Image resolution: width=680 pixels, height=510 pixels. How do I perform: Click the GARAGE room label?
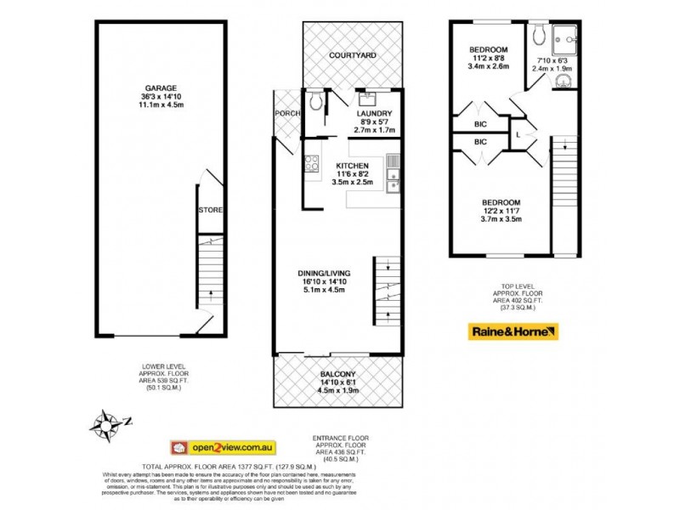click(160, 88)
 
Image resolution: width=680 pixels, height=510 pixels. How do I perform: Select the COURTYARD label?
click(354, 56)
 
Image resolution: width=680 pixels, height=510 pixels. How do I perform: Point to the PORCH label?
click(283, 114)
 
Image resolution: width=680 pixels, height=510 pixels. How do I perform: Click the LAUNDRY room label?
click(373, 114)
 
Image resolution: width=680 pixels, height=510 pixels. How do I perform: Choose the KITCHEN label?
click(352, 165)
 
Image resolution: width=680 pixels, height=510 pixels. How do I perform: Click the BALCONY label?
click(337, 374)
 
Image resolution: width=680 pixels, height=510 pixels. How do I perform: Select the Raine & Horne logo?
click(513, 331)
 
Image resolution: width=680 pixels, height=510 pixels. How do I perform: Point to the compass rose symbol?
click(108, 421)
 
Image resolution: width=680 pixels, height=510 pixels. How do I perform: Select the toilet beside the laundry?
click(315, 102)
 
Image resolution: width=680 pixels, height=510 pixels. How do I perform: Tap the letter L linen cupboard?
click(518, 134)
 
